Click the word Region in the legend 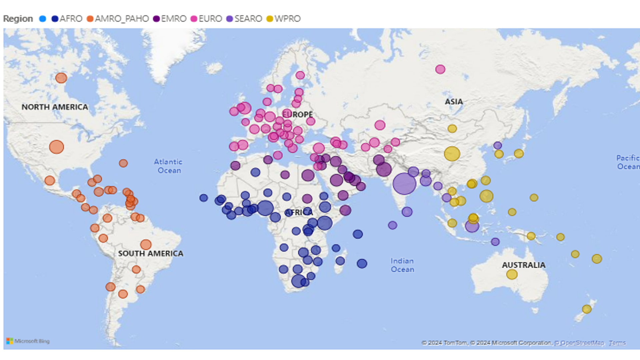click(x=18, y=19)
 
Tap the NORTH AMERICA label click(x=55, y=107)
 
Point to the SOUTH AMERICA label click(x=151, y=253)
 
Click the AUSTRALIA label click(x=524, y=265)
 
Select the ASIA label click(x=454, y=102)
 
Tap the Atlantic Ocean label click(x=168, y=166)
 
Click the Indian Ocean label click(x=402, y=265)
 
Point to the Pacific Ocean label click(x=628, y=162)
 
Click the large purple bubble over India click(x=404, y=184)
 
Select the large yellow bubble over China click(x=452, y=154)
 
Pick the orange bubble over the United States click(x=56, y=147)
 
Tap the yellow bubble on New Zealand click(x=587, y=309)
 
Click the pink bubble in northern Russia click(x=440, y=69)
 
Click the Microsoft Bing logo click(x=28, y=341)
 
